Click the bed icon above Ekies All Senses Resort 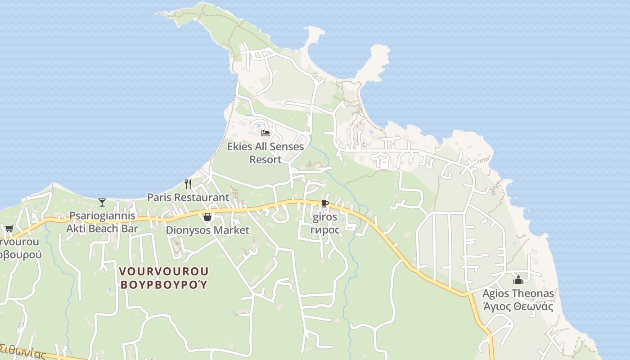pos(265,133)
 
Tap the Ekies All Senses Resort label pos(265,153)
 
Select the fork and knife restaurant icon pos(188,184)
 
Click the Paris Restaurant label pos(188,198)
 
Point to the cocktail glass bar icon pos(102,202)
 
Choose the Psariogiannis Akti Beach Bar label pos(102,222)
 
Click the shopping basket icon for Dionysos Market pos(207,217)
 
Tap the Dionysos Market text pos(207,230)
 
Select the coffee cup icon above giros pos(324,204)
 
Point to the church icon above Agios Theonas pos(518,280)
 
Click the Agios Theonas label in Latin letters pos(518,294)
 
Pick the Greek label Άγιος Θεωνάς pos(518,307)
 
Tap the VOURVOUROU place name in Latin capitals pos(164,271)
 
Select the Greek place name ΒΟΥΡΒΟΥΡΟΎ pos(164,285)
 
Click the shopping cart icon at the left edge pos(9,228)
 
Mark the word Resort pos(265,160)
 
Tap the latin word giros pos(324,217)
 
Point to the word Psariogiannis pos(102,216)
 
